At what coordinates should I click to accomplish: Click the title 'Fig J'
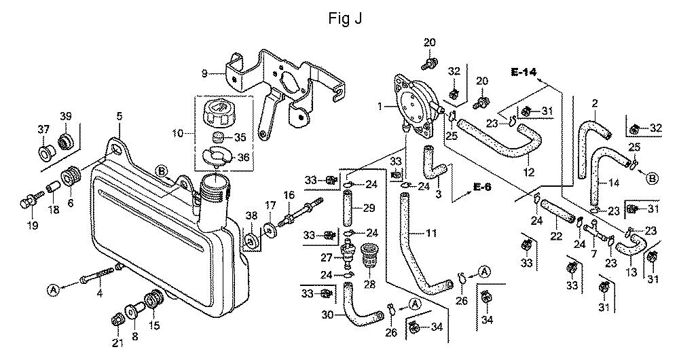[x=344, y=18]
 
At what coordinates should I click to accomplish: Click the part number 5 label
[x=119, y=117]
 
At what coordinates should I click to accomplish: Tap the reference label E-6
[x=481, y=187]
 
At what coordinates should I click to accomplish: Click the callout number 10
[x=178, y=134]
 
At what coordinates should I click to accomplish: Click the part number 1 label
[x=382, y=106]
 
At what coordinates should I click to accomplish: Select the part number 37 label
[x=43, y=129]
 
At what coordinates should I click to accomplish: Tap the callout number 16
[x=289, y=195]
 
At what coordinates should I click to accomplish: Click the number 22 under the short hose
[x=556, y=236]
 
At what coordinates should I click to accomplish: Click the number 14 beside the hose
[x=613, y=182]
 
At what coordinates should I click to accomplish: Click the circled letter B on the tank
[x=162, y=170]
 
